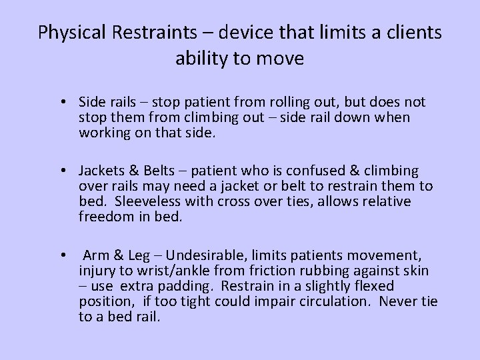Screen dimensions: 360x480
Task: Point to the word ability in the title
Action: coord(199,59)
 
